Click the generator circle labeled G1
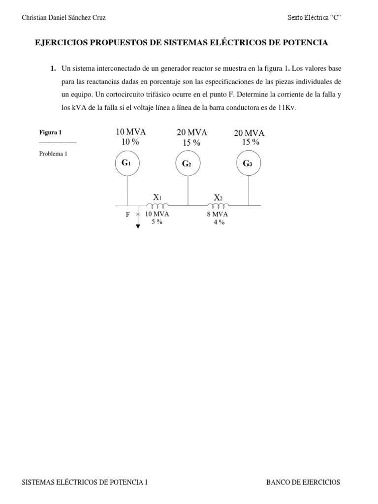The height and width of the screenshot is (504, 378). pyautogui.click(x=127, y=163)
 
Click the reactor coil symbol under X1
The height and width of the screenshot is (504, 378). pyautogui.click(x=157, y=205)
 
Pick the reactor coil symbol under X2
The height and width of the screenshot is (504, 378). pyautogui.click(x=218, y=205)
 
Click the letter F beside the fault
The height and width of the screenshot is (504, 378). pyautogui.click(x=127, y=215)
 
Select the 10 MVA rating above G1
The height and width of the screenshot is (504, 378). pyautogui.click(x=131, y=132)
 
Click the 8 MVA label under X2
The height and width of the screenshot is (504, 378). pyautogui.click(x=217, y=215)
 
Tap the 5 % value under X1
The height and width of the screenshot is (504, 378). pyautogui.click(x=157, y=222)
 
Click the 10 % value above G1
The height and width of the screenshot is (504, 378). pyautogui.click(x=130, y=142)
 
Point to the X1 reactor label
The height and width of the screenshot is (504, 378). pyautogui.click(x=157, y=197)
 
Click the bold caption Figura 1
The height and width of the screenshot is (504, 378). pyautogui.click(x=50, y=132)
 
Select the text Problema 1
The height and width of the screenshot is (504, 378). pyautogui.click(x=53, y=154)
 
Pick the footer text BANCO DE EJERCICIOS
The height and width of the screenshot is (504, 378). pyautogui.click(x=303, y=482)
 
